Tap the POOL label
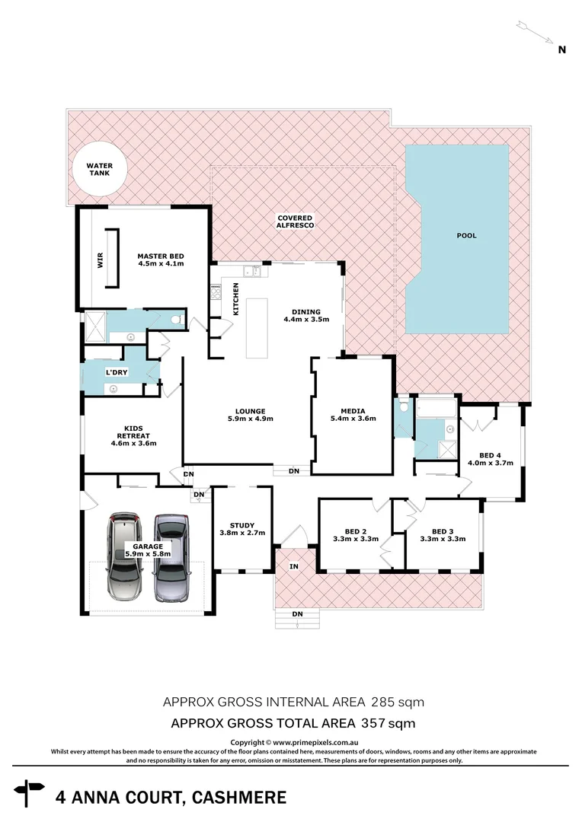(466, 236)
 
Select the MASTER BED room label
(160, 256)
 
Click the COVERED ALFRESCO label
(295, 221)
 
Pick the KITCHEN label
(236, 298)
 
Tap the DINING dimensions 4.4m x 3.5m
(305, 320)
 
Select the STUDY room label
(241, 525)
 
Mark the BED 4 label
(490, 455)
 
